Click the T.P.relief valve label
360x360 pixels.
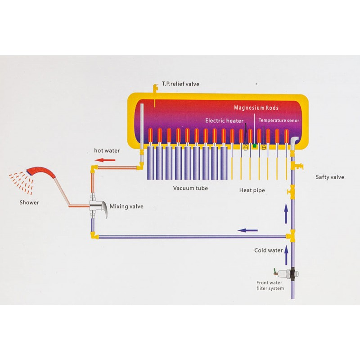click(x=180, y=84)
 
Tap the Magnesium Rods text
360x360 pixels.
click(x=256, y=108)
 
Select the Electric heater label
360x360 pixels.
click(x=224, y=121)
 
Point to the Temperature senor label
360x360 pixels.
click(x=279, y=120)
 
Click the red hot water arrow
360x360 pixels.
click(x=105, y=160)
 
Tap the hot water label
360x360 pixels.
click(x=107, y=151)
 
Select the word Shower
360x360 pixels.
click(x=29, y=202)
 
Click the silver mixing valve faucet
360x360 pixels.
click(x=98, y=206)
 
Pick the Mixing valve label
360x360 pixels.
click(x=126, y=207)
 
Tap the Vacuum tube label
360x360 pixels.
click(x=190, y=188)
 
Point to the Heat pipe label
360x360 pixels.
click(x=252, y=190)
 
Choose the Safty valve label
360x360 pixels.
click(x=330, y=177)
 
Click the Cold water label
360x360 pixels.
click(x=268, y=250)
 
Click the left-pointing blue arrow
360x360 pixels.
click(x=247, y=230)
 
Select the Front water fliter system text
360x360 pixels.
click(x=270, y=285)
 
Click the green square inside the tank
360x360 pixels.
click(x=254, y=145)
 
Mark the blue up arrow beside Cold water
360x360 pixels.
click(x=286, y=256)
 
